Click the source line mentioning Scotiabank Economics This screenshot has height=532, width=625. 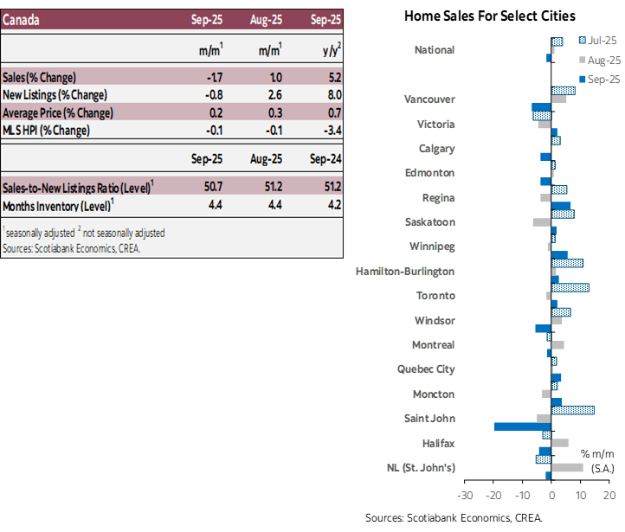pos(70,248)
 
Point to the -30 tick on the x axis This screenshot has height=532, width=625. pos(464,497)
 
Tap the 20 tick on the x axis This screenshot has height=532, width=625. pos(609,497)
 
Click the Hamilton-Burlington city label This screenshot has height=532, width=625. pos(405,272)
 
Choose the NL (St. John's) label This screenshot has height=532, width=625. pos(421,468)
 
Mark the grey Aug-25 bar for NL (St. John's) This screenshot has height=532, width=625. pos(567,467)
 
